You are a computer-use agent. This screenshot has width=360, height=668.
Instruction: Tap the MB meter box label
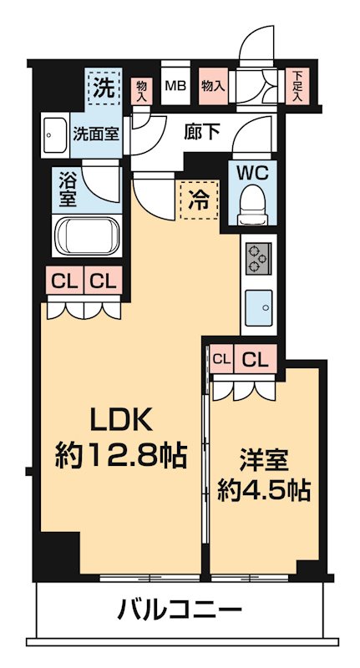(x=175, y=85)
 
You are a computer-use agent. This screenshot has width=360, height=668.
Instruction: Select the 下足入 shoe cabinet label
(x=297, y=86)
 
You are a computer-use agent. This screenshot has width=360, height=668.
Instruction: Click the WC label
(x=251, y=174)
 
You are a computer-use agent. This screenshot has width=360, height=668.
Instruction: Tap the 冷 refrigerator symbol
(x=197, y=201)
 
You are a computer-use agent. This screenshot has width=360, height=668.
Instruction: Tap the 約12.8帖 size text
(x=120, y=456)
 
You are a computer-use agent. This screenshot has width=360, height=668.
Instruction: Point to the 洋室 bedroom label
(x=264, y=459)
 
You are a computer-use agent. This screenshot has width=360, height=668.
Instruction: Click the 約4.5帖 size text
(x=264, y=490)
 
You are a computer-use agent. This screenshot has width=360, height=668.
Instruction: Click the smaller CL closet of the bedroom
(x=221, y=360)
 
